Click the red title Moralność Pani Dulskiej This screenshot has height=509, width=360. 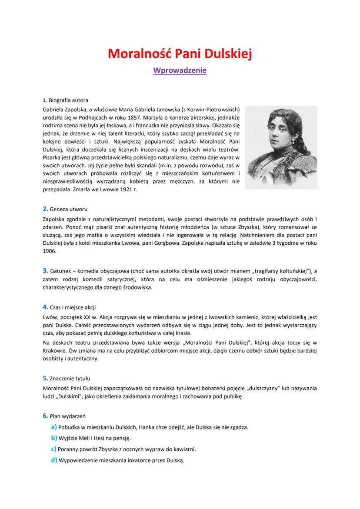click(x=180, y=54)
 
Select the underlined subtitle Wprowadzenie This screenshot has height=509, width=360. click(x=180, y=70)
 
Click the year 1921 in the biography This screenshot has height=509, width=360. click(x=127, y=190)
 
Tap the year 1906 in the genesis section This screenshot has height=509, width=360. click(x=50, y=251)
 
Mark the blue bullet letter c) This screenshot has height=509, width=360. click(x=54, y=449)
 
